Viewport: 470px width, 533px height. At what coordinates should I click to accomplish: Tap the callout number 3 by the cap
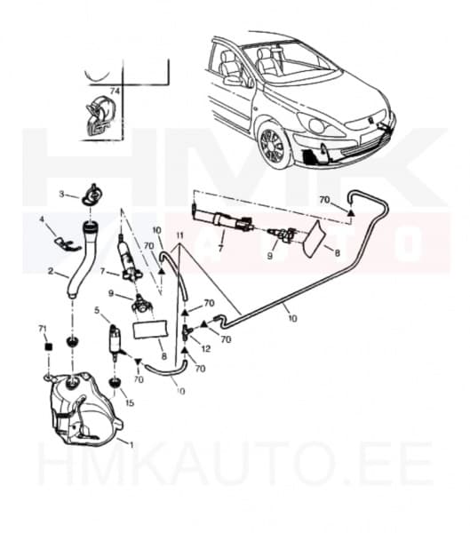[x=61, y=193]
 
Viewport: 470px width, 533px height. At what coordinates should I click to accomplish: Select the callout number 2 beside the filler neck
[x=51, y=271]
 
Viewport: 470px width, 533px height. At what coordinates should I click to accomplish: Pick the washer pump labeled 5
[x=114, y=340]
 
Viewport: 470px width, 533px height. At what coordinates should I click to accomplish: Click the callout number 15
[x=131, y=404]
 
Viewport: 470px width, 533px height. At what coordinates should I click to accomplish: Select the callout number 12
[x=206, y=349]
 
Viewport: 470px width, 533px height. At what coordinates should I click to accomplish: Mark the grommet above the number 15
[x=116, y=383]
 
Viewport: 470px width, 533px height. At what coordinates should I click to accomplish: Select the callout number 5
[x=97, y=311]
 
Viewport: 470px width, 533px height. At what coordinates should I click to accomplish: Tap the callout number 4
[x=41, y=219]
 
